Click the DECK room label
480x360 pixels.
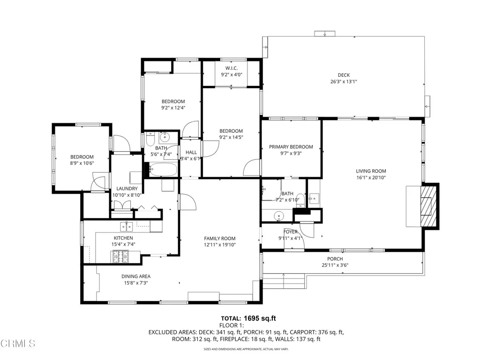pos(344,75)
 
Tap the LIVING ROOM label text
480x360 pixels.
pos(371,172)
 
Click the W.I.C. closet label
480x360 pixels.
pos(231,68)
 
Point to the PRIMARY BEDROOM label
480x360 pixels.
pos(291,147)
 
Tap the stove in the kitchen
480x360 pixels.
pos(119,256)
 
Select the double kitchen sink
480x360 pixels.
pos(126,227)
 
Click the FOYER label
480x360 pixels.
pos(290,232)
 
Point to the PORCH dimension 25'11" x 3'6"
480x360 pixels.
pos(335,265)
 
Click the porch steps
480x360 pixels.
pos(284,281)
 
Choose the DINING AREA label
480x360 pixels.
pos(136,277)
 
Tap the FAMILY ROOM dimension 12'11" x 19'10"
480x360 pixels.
pos(219,245)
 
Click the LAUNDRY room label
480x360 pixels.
pos(127,188)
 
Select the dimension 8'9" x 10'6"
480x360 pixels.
pos(82,164)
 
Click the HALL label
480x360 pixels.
pos(191,152)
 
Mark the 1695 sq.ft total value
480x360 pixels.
pos(257,318)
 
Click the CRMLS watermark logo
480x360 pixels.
pos(18,344)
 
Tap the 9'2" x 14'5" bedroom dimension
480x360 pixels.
pos(231,137)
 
